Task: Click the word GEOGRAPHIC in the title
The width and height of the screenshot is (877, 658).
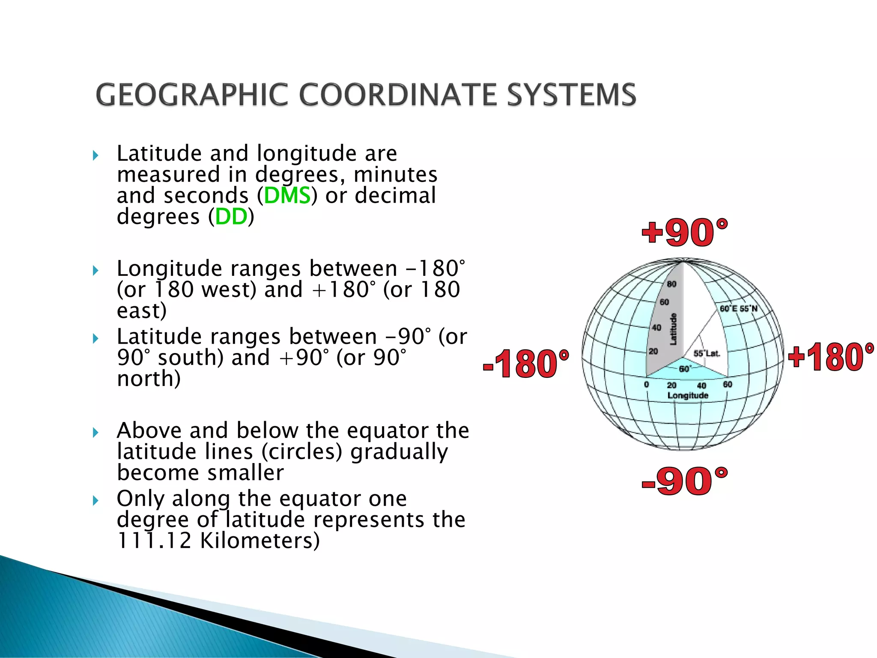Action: coord(192,95)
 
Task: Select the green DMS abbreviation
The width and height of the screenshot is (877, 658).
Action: coord(287,196)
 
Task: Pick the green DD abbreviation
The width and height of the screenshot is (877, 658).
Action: coord(231,217)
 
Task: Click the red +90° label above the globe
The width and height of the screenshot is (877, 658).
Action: coord(684,233)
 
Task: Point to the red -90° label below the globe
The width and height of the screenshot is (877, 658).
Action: coord(684,482)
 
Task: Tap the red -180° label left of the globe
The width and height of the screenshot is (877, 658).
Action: coord(526,364)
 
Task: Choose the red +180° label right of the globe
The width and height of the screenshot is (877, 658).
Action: coord(831,357)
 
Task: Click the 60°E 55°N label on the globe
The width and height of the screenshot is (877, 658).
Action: coord(738,308)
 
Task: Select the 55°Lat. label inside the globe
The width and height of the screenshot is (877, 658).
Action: coord(707,353)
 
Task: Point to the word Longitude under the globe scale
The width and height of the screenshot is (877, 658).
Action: coord(688,395)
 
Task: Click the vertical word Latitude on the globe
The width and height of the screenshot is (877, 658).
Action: coord(673,329)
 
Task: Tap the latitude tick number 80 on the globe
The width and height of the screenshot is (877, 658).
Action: coord(671,284)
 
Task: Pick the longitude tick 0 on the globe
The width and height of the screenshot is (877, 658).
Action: coord(647,384)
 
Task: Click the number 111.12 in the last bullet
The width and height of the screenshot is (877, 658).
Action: coord(154,541)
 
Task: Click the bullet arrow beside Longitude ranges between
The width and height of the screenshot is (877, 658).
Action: coord(95,271)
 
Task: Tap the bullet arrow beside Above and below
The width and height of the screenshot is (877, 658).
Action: coord(95,432)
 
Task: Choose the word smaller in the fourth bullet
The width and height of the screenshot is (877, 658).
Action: coord(245,473)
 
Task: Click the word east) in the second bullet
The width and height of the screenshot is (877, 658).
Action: coord(142,311)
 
